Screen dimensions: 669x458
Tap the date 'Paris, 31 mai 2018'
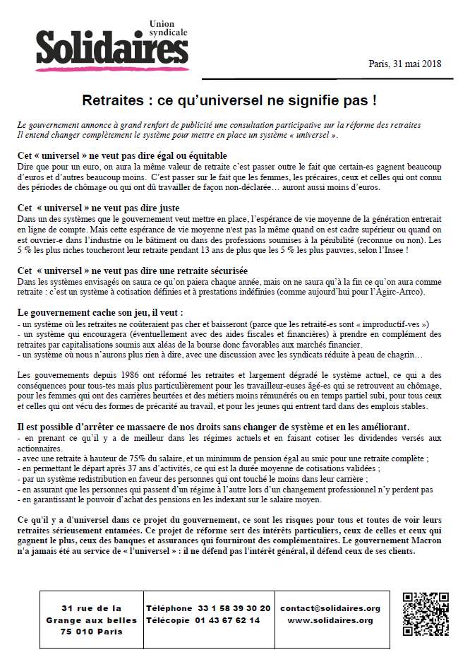[x=404, y=64]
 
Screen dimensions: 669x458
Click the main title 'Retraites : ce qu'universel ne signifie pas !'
[x=229, y=100]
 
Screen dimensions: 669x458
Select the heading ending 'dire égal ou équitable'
[x=122, y=155]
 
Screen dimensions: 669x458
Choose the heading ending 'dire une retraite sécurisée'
[x=132, y=271]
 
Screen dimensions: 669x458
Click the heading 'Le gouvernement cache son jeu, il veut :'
[x=100, y=312]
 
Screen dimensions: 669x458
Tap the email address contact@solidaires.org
[x=330, y=608]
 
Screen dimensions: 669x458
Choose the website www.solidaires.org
[x=330, y=620]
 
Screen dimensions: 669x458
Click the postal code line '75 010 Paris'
[x=92, y=632]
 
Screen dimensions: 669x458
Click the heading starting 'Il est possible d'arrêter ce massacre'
[x=212, y=427]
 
